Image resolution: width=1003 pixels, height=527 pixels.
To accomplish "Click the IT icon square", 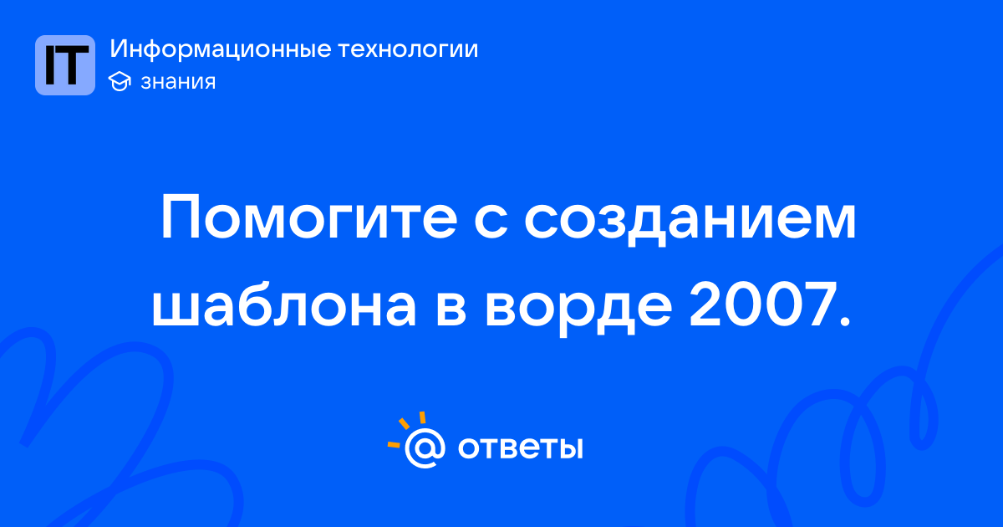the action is click(65, 65).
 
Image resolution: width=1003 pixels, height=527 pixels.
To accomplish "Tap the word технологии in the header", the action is click(408, 49).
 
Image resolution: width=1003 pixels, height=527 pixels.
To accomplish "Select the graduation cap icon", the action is click(120, 81).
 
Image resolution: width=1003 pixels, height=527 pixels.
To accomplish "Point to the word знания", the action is click(178, 82).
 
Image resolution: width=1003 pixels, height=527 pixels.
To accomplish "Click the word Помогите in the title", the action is click(309, 218).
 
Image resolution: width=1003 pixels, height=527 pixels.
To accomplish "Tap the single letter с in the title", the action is click(491, 223).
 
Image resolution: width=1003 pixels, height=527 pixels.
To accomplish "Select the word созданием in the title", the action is click(690, 222).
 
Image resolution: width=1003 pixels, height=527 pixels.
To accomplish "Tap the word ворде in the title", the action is click(578, 310).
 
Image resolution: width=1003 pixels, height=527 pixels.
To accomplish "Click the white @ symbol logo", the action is click(425, 448).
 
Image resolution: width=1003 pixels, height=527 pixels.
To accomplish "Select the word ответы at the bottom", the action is click(520, 448).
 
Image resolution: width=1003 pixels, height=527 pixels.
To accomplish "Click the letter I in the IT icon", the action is click(50, 65).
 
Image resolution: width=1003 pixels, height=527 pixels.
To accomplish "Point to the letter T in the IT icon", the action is click(73, 65).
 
